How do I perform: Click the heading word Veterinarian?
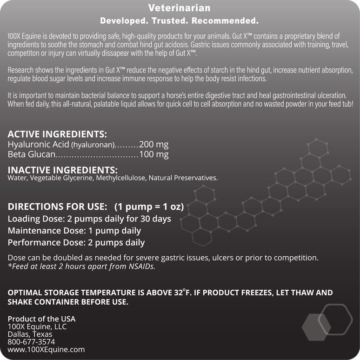(179, 8)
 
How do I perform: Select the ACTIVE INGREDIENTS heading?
(57, 135)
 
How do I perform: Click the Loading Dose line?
(90, 219)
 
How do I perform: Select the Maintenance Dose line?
(74, 231)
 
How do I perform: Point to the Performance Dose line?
(76, 242)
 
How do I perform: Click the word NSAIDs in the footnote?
(141, 267)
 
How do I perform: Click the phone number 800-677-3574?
(31, 342)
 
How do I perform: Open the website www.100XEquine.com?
(46, 350)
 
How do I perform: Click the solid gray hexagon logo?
(316, 327)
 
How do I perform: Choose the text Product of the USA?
(41, 319)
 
